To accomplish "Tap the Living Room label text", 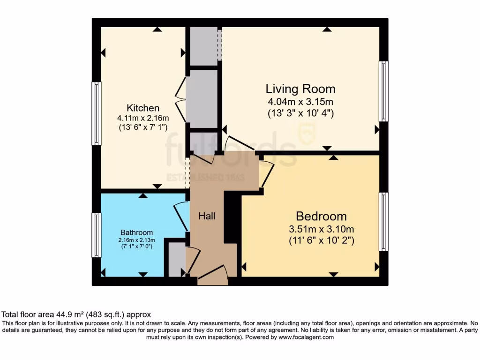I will [x=300, y=89].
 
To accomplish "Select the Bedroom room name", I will [x=321, y=216].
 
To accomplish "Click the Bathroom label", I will [x=137, y=232].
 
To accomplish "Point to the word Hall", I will [x=207, y=216].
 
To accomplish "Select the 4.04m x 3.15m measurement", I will [x=300, y=102].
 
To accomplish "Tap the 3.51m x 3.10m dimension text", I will [x=321, y=229].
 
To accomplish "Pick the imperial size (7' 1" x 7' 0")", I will [x=136, y=247].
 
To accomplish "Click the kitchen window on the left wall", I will [x=96, y=113].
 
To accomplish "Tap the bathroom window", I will [x=96, y=235].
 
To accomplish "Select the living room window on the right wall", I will [x=383, y=91].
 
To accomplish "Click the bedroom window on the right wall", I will [x=383, y=221].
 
